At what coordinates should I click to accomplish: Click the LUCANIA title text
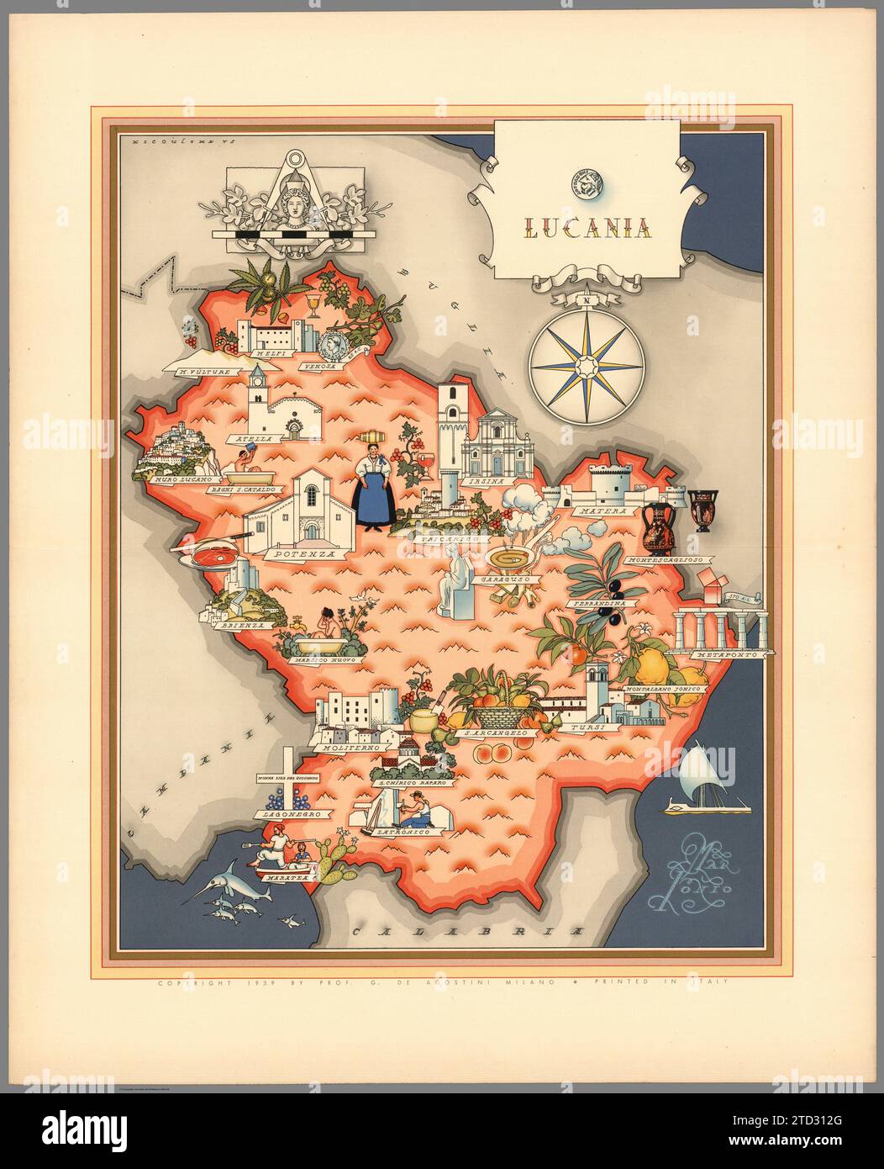click(x=586, y=227)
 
